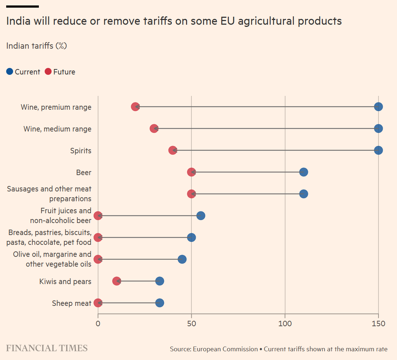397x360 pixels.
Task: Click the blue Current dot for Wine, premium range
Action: point(378,107)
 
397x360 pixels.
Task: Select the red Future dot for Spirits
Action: point(173,150)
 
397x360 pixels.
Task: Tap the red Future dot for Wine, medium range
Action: point(154,129)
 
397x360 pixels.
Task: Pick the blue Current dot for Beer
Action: point(304,172)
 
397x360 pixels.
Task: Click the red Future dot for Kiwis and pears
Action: point(117,281)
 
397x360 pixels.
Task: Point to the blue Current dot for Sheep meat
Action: point(159,303)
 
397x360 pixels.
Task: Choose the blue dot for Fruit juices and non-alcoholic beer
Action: point(200,216)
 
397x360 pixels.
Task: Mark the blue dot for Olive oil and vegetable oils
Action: point(182,259)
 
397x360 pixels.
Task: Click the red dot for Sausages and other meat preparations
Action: point(191,194)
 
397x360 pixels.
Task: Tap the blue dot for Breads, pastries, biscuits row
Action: point(191,238)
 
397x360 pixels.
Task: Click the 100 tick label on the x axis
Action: point(285,323)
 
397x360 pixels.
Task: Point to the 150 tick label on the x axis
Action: point(378,323)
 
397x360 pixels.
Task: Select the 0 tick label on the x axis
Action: point(98,323)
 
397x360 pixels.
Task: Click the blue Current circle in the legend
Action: point(10,72)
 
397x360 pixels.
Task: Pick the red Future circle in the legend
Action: point(48,72)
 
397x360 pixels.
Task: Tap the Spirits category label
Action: point(81,151)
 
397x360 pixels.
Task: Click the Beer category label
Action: point(84,173)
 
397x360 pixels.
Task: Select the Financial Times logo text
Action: point(47,348)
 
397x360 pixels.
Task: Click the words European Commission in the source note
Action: point(225,349)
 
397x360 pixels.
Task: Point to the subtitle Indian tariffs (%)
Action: point(37,46)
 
